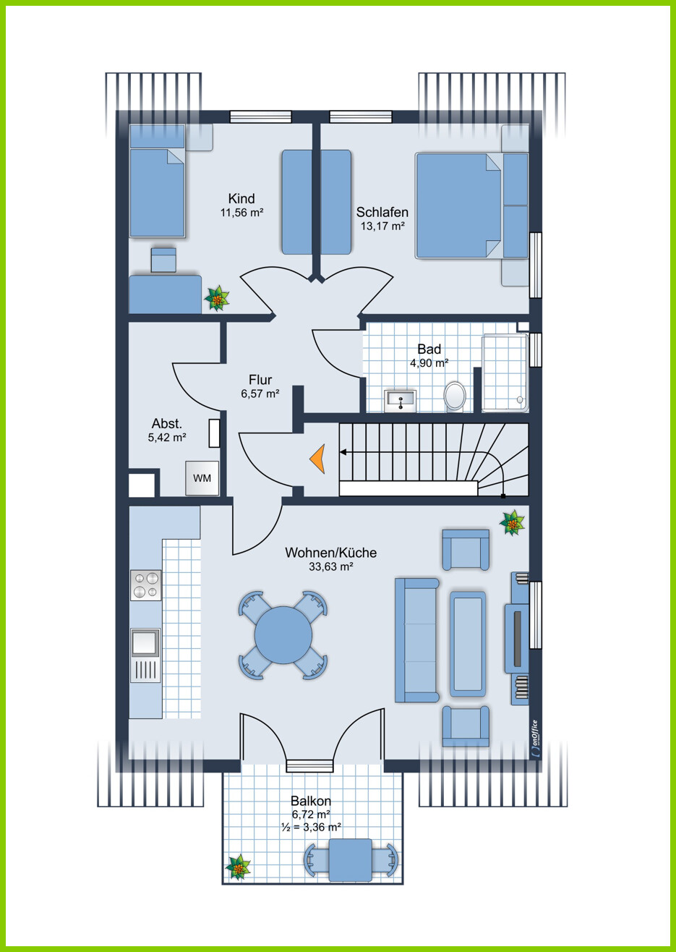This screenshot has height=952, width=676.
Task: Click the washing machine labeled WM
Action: (202, 478)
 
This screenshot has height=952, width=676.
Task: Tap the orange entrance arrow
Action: (319, 459)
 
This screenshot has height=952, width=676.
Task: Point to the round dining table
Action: (283, 635)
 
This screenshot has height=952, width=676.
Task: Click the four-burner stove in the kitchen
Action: (146, 585)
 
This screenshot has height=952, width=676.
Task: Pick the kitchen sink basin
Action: (145, 642)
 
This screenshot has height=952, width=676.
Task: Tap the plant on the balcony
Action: (238, 867)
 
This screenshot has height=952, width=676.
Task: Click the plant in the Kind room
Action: (217, 298)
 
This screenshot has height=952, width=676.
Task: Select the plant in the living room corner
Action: (512, 523)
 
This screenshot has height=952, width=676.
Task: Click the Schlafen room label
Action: (382, 212)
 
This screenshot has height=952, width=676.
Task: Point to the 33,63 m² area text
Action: (331, 566)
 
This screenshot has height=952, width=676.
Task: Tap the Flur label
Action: (260, 380)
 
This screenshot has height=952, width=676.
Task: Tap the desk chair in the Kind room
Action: (163, 260)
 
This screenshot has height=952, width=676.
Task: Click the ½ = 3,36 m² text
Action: (311, 827)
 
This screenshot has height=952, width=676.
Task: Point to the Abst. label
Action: (167, 424)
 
